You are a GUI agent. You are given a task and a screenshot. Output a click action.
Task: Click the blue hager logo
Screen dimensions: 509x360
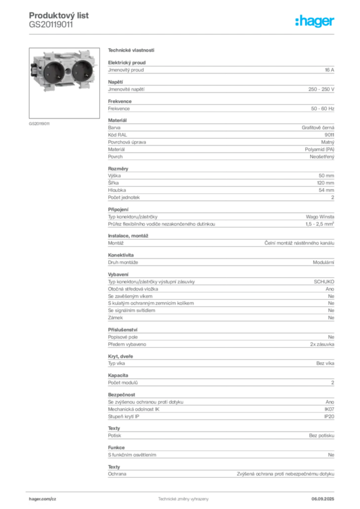click(316, 22)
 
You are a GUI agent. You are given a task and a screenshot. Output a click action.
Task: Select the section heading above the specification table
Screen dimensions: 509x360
click(131, 51)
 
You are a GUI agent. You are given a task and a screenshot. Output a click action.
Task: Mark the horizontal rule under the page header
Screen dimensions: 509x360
click(183, 34)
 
